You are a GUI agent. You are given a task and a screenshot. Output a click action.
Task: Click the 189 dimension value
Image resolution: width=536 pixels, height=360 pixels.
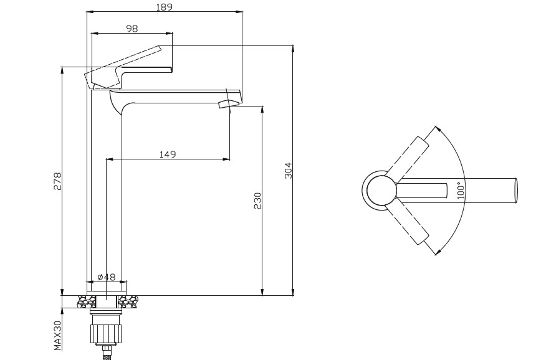click(x=165, y=6)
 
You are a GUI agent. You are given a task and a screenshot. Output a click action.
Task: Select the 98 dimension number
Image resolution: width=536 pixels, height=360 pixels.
click(x=132, y=29)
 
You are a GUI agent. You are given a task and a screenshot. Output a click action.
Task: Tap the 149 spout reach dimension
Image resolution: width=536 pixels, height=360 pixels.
click(x=168, y=154)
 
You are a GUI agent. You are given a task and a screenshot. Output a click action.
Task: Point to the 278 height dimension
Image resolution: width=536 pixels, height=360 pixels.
click(x=57, y=181)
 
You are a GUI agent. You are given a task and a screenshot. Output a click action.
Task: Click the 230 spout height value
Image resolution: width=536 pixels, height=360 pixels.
click(x=257, y=201)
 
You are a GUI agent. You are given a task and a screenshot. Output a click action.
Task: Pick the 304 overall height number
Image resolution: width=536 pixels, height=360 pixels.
click(x=288, y=170)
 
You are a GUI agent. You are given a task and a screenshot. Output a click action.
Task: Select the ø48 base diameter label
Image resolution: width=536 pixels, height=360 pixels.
click(x=107, y=277)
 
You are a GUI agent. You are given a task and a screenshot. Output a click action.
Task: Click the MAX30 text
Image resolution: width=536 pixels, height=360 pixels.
click(x=57, y=336)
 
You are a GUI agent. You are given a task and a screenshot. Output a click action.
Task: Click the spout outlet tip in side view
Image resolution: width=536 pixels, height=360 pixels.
click(x=228, y=104)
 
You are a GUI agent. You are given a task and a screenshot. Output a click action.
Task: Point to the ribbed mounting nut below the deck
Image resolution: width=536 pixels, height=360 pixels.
click(x=106, y=333)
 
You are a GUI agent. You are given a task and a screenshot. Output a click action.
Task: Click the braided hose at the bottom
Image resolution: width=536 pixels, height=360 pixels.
click(x=107, y=353)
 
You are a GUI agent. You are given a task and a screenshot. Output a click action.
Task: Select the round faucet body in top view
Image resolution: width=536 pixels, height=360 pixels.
click(x=381, y=190)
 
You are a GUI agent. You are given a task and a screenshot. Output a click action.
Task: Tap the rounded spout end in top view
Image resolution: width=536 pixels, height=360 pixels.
click(x=516, y=190)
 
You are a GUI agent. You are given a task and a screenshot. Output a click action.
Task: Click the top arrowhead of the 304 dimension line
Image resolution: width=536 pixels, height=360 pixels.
click(x=293, y=49)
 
